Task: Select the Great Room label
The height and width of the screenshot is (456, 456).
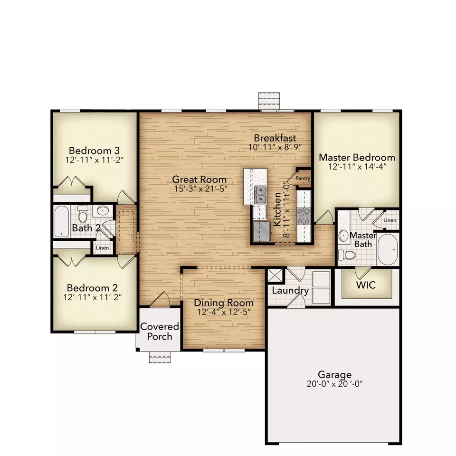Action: [x=199, y=180]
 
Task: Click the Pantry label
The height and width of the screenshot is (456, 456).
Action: [x=303, y=179]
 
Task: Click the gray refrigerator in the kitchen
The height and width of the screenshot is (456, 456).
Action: [x=261, y=232]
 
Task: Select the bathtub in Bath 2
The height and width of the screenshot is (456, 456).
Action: [x=61, y=220]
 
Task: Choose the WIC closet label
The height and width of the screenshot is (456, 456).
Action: [x=366, y=285]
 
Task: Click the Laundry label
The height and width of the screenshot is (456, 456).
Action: [x=290, y=291]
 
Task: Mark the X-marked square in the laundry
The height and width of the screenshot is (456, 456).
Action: [x=275, y=276]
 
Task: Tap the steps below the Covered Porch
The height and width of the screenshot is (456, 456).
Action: [x=160, y=357]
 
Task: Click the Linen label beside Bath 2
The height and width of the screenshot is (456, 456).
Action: [x=103, y=248]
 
